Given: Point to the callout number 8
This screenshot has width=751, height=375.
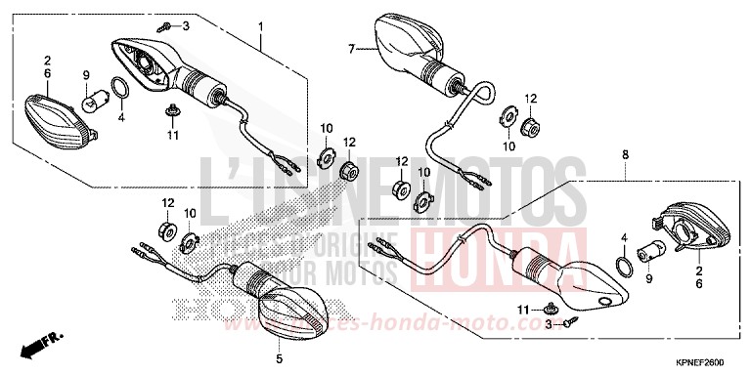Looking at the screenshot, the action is pyautogui.click(x=624, y=153).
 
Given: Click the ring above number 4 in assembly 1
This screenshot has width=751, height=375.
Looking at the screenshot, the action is pyautogui.click(x=118, y=91).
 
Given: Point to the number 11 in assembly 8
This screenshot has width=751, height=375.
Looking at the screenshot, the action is pyautogui.click(x=521, y=310).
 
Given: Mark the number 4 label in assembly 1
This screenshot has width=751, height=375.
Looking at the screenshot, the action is pyautogui.click(x=121, y=118).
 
